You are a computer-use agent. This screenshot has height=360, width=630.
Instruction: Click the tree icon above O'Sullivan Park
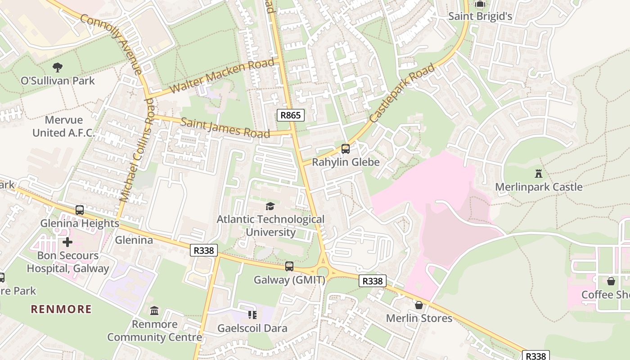tap(58, 67)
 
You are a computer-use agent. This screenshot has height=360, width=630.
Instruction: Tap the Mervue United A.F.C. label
tap(64, 126)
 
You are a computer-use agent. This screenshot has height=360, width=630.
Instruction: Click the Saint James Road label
tap(225, 127)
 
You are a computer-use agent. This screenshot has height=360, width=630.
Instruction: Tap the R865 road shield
tap(290, 115)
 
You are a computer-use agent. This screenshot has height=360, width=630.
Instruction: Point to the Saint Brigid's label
tap(480, 16)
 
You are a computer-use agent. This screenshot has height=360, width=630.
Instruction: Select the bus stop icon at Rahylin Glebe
tap(346, 149)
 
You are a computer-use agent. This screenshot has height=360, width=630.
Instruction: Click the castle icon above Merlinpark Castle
tap(538, 173)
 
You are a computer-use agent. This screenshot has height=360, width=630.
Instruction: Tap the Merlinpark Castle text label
tap(538, 187)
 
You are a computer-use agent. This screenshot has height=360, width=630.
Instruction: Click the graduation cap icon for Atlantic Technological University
tap(270, 206)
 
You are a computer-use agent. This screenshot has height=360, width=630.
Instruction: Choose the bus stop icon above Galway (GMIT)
tap(289, 266)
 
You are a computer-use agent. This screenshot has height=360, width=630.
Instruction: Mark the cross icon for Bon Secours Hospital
tap(67, 243)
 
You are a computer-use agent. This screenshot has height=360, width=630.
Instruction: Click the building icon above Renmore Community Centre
tap(154, 311)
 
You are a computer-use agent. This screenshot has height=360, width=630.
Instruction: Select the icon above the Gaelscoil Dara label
tap(252, 315)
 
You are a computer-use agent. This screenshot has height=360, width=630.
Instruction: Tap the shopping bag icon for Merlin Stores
tap(419, 305)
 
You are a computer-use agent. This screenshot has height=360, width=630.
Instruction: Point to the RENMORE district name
tap(61, 309)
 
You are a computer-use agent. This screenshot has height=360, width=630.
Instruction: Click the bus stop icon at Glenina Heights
tap(80, 210)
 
